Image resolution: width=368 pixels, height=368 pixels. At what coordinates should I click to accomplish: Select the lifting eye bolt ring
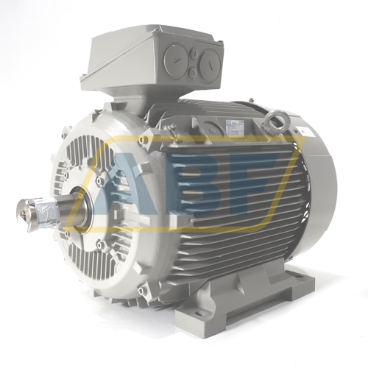[x=279, y=118]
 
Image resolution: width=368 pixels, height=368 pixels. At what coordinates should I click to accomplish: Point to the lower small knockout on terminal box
[x=193, y=73]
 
